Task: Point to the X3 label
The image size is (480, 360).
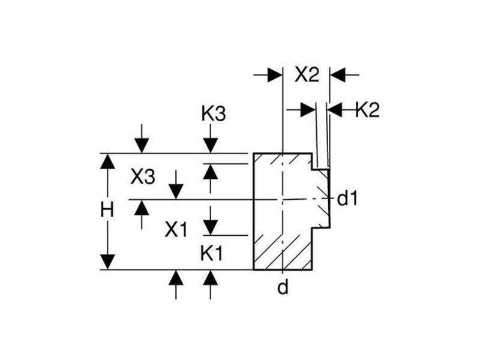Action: (143, 176)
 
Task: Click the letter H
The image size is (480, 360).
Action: (107, 210)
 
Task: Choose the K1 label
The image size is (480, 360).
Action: (211, 254)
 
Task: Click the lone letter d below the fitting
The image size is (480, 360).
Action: (283, 289)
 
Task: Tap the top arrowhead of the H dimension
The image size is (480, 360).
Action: (107, 160)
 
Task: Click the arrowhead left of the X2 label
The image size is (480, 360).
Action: (275, 74)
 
